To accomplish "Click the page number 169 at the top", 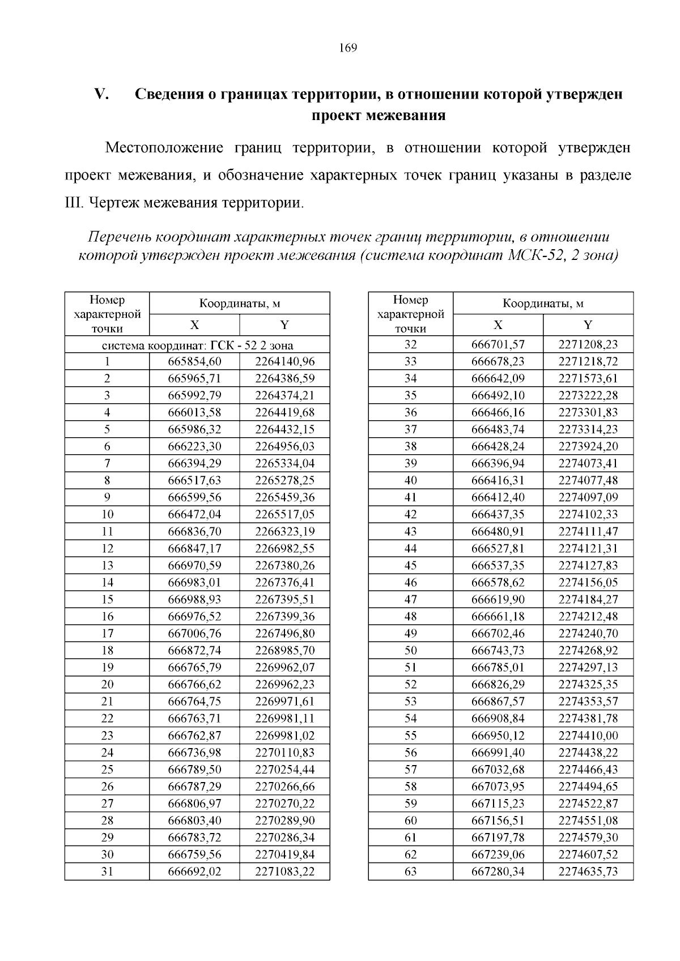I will [348, 48].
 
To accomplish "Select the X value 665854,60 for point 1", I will [194, 361].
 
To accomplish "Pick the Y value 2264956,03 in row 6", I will [284, 446].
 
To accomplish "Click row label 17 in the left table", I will [107, 633].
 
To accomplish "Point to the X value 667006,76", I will [194, 633].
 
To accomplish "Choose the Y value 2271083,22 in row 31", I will [284, 871].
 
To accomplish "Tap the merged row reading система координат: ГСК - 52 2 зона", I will [197, 345].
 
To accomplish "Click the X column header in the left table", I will [194, 325].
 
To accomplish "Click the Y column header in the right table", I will [588, 325].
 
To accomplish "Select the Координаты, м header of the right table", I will [543, 304].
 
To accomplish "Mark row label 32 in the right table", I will [410, 344].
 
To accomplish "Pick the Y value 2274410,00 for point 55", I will [588, 735].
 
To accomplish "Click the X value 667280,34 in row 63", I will [498, 871].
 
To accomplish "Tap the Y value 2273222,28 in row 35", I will [588, 395].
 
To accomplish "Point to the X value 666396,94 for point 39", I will [498, 463].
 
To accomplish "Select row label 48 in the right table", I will [410, 616].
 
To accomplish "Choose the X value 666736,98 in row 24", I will [194, 752].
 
